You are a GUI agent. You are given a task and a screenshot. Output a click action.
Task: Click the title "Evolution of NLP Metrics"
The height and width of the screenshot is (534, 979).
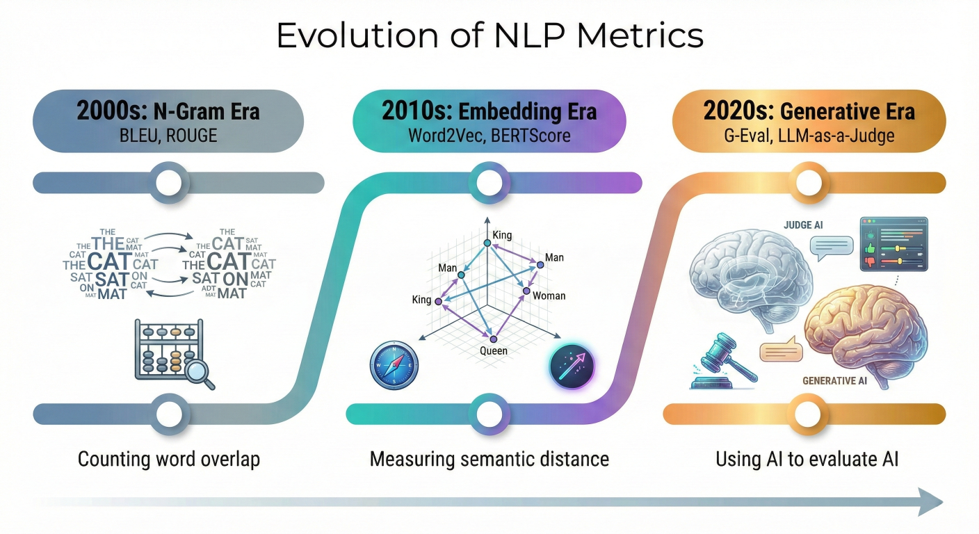click(x=490, y=35)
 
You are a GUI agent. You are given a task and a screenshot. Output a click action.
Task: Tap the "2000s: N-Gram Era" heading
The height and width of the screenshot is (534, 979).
click(x=168, y=111)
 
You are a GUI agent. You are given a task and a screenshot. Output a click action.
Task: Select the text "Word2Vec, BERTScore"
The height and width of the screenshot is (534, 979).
click(x=489, y=136)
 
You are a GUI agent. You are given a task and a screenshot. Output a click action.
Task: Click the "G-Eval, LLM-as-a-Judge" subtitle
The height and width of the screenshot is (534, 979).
click(x=809, y=136)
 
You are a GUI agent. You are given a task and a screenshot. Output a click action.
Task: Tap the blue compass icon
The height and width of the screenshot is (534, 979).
click(x=394, y=365)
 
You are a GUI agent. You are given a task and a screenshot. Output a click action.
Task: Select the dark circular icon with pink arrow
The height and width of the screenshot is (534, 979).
click(x=572, y=366)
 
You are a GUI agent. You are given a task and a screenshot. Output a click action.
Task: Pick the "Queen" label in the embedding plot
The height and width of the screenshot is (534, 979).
click(x=494, y=350)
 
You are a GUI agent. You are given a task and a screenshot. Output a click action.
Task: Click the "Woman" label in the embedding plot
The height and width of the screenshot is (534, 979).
click(x=549, y=296)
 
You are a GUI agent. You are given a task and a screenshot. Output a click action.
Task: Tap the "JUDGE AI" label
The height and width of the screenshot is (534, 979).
click(x=803, y=225)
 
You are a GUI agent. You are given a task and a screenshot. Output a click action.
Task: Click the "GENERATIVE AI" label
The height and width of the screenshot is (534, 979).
click(x=835, y=380)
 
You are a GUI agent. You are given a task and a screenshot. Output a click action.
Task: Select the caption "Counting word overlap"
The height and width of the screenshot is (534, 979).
click(x=169, y=460)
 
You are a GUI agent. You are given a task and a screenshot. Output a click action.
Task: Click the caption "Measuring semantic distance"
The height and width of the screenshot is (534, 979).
click(x=489, y=460)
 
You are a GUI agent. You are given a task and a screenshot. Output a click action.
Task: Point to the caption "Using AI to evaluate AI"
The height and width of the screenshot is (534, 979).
click(x=807, y=460)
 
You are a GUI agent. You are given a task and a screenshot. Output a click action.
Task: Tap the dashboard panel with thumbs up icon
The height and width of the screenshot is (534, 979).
click(x=893, y=244)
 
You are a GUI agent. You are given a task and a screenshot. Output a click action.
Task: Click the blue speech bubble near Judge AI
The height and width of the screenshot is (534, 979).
click(x=832, y=248)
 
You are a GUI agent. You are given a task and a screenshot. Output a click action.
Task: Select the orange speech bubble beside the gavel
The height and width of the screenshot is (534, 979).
click(x=782, y=349)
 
